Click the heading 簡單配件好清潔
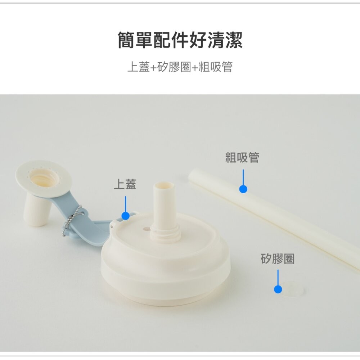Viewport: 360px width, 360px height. click(180, 40)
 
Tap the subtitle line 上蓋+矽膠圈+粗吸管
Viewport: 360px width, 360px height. click(180, 67)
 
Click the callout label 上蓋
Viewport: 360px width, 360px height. click(125, 185)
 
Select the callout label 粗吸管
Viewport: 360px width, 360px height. click(242, 157)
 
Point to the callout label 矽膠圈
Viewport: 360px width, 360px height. click(277, 259)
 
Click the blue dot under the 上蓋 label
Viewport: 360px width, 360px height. click(125, 216)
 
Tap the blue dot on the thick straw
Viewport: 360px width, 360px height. click(243, 189)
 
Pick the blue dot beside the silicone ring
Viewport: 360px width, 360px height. click(278, 289)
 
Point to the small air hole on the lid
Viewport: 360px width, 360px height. click(146, 228)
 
